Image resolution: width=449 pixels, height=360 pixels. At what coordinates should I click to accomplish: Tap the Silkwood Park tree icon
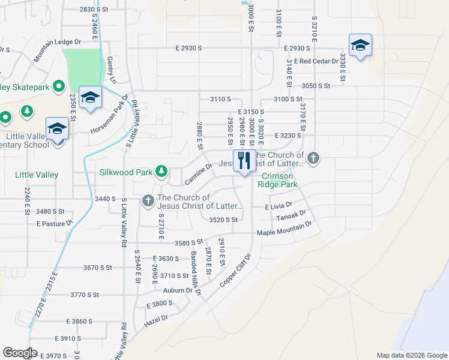[x=161, y=172]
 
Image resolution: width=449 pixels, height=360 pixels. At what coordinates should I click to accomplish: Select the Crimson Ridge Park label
[x=277, y=180]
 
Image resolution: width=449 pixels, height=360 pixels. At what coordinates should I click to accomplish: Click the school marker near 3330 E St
[x=360, y=46]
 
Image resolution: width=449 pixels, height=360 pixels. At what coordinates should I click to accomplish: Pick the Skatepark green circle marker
[x=59, y=88]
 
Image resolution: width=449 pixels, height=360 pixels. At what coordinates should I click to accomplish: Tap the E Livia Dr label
[x=282, y=206]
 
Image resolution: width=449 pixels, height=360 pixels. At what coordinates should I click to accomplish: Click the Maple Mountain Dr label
[x=285, y=228]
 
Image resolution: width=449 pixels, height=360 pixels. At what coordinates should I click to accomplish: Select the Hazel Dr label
[x=157, y=320]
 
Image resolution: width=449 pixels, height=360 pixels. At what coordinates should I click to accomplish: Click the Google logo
[x=20, y=353]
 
